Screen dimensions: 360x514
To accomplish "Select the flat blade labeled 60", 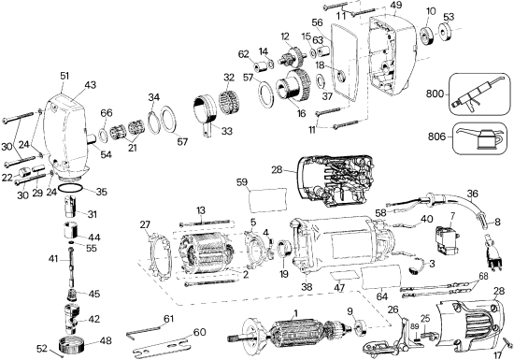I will click(168, 347).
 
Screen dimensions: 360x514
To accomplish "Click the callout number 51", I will click(64, 77).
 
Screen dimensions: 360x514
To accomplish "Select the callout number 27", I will click(145, 224).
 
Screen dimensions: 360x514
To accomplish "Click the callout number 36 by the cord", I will click(472, 194).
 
